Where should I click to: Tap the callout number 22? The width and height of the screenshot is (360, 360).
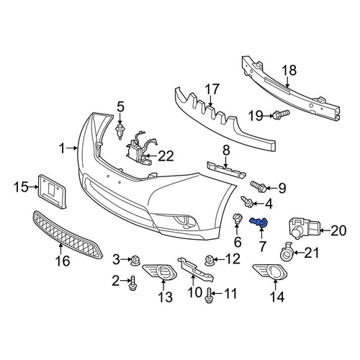click(166, 156)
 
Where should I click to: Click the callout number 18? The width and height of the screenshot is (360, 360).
click(289, 71)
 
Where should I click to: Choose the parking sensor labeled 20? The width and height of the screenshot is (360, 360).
click(304, 228)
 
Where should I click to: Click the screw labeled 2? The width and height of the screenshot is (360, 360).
click(132, 283)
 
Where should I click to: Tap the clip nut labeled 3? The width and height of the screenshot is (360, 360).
click(135, 260)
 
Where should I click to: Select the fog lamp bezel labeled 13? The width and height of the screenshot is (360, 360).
click(160, 272)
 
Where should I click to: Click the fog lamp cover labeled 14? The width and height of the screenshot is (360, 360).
click(270, 272)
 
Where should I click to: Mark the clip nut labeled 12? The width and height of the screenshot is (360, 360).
click(209, 260)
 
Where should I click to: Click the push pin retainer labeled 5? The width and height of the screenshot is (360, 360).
click(120, 132)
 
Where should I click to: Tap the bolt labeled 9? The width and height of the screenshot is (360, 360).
click(258, 186)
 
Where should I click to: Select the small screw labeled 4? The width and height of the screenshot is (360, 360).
click(247, 202)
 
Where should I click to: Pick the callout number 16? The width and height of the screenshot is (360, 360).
click(63, 261)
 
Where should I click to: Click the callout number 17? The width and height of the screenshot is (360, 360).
click(212, 89)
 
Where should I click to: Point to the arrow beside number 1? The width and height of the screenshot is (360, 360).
click(72, 148)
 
